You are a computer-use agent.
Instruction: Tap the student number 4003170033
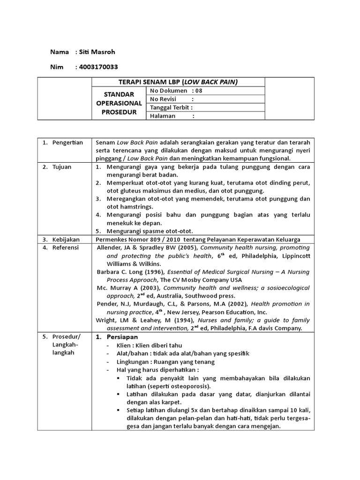[x=99, y=67]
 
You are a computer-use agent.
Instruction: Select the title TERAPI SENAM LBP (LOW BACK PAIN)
[x=179, y=82]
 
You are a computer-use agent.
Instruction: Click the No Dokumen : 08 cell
[x=176, y=90]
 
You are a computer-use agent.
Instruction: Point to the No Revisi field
[x=172, y=99]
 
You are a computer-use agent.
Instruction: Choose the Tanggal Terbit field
[x=172, y=107]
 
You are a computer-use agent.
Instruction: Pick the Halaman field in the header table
[x=172, y=116]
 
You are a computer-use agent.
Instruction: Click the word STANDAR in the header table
[x=119, y=95]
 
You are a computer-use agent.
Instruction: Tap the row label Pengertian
[x=67, y=142]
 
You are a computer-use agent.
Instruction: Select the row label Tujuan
[x=62, y=167]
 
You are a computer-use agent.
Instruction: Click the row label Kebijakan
[x=67, y=239]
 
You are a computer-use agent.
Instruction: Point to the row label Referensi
[x=66, y=247]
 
